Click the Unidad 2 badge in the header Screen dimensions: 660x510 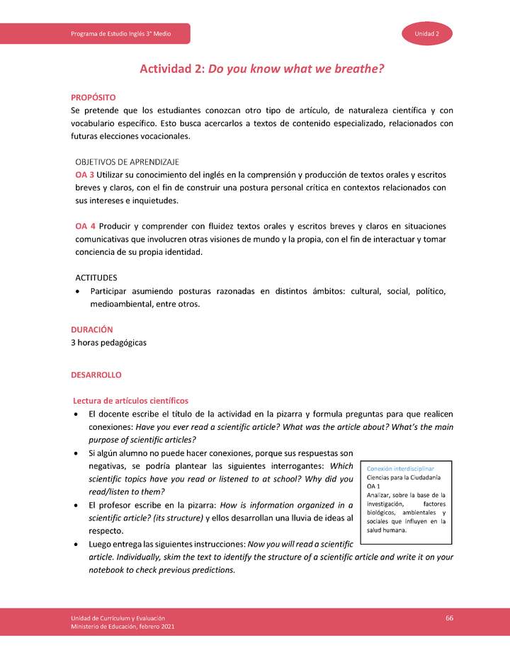[x=428, y=34]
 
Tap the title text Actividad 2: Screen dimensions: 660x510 [x=171, y=69]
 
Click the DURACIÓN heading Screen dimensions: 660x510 [x=91, y=329]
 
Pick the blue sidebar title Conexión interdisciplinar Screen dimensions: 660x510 [x=400, y=469]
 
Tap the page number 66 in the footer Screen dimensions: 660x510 [x=449, y=618]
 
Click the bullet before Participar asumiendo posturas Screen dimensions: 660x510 [x=78, y=292]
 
